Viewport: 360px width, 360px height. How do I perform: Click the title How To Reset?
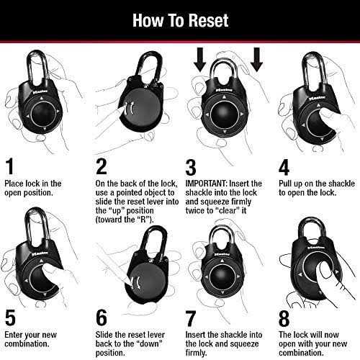click(179, 19)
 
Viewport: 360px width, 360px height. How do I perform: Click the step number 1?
click(10, 166)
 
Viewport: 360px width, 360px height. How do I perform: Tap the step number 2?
click(102, 166)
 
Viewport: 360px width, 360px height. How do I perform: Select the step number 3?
click(191, 166)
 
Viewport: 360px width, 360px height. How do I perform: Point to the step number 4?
click(284, 166)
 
